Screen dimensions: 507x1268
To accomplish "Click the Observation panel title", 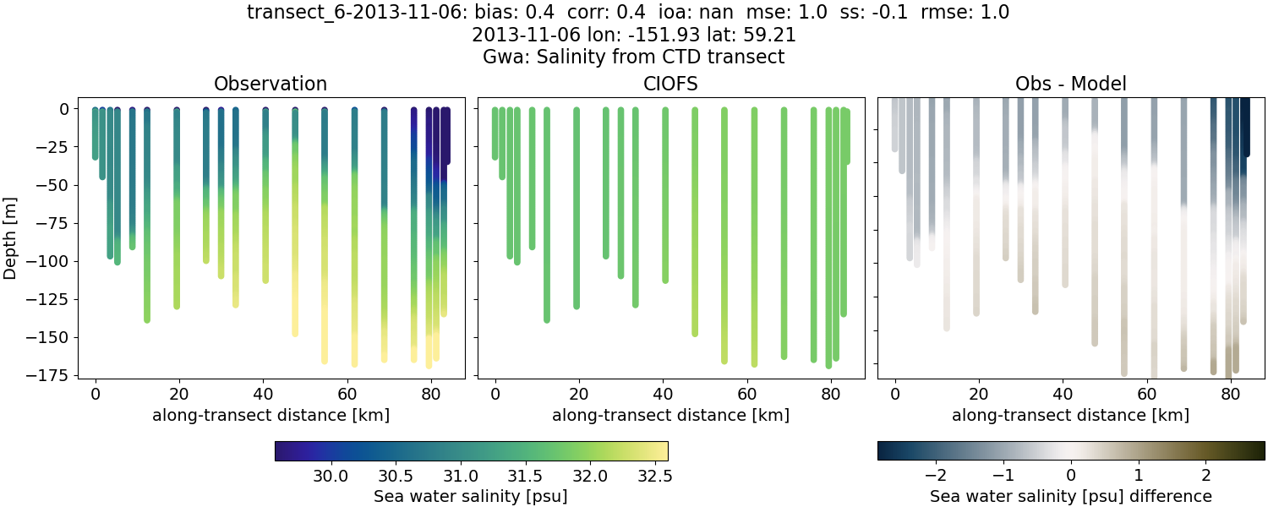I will point(271,84).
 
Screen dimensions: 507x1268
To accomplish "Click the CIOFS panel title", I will point(670,84).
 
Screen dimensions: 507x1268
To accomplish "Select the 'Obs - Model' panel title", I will point(1070,84).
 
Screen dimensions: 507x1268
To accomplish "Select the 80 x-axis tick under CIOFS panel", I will point(831,394).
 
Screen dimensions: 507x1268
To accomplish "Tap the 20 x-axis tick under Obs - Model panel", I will point(979,394).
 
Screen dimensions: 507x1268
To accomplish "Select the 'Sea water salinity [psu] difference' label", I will point(1071,496).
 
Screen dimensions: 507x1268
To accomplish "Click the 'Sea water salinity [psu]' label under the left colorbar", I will point(471,496).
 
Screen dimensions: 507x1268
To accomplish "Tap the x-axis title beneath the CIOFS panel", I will point(670,415).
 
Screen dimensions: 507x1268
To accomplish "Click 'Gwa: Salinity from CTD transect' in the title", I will point(633,57).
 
